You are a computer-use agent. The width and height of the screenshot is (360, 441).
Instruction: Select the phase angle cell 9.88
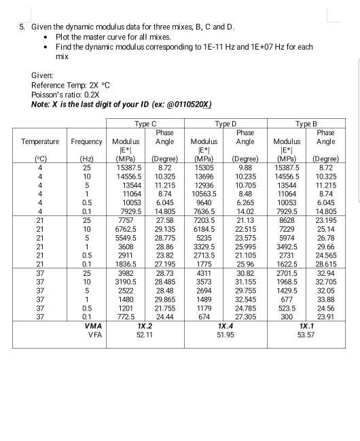(245, 166)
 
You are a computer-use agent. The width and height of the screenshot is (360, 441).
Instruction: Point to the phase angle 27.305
(245, 317)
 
